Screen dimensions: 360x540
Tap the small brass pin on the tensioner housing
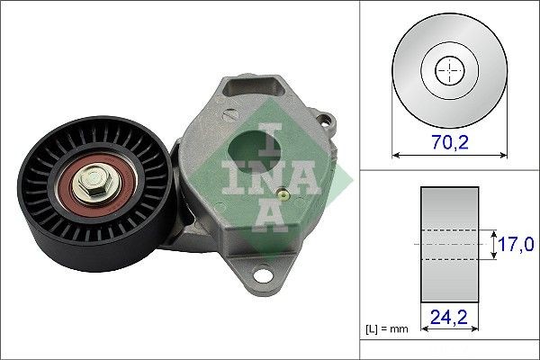[283, 192]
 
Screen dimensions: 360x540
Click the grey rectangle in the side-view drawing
[449, 243]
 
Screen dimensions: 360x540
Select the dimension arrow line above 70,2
[449, 155]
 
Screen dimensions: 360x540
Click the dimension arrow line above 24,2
[449, 329]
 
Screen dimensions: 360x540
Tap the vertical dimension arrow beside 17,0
[494, 243]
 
